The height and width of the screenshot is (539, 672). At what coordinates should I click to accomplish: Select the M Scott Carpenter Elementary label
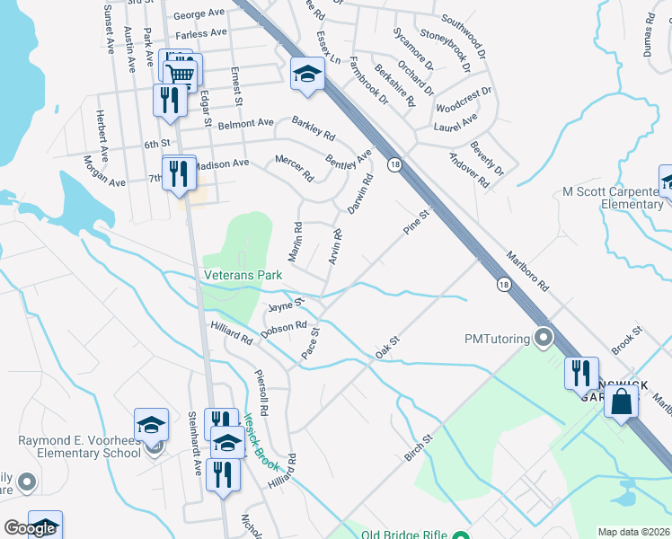click(x=613, y=198)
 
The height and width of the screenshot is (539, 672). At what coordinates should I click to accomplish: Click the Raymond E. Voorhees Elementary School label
click(x=80, y=446)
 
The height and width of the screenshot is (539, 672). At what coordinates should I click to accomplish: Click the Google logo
click(x=30, y=528)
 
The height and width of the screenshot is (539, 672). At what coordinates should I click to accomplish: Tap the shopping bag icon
click(x=620, y=402)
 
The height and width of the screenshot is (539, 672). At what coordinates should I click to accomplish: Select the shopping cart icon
click(x=181, y=75)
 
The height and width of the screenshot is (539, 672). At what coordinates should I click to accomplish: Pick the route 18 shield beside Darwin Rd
click(x=394, y=164)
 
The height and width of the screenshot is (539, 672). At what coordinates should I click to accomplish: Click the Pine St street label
click(x=418, y=219)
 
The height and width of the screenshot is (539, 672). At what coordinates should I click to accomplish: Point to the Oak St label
click(x=386, y=347)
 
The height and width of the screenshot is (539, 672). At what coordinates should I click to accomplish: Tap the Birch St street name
click(x=418, y=446)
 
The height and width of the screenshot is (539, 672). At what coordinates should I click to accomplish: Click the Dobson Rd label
click(x=284, y=330)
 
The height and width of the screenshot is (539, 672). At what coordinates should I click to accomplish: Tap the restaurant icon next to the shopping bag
click(x=580, y=373)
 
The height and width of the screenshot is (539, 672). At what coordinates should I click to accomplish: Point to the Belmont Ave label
click(x=245, y=122)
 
